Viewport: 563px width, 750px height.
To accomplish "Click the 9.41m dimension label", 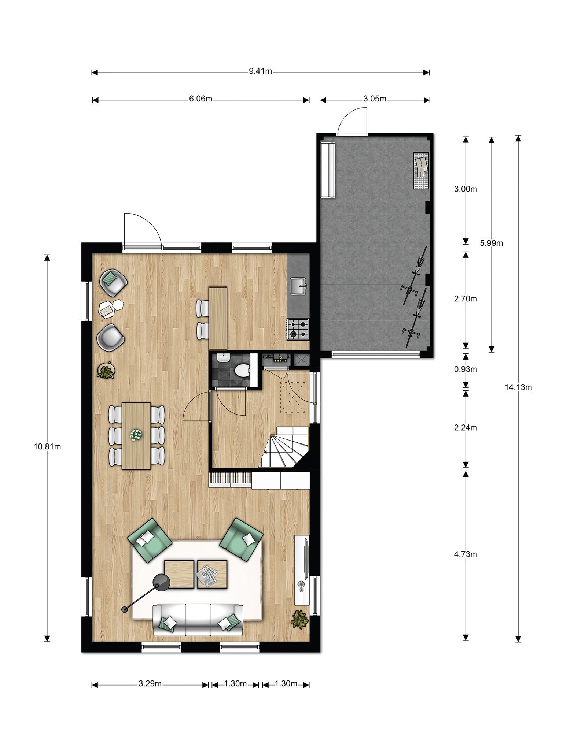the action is pyautogui.click(x=260, y=71).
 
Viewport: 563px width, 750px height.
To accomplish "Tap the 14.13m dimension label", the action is pyautogui.click(x=518, y=387).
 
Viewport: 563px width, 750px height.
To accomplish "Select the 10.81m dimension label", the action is pyautogui.click(x=47, y=446).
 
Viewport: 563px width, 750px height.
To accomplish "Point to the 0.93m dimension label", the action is pyautogui.click(x=466, y=369).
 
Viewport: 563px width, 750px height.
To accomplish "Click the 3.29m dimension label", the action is pyautogui.click(x=150, y=683).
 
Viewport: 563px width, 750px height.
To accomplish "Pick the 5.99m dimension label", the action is pyautogui.click(x=492, y=243).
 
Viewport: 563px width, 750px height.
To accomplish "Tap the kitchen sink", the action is pyautogui.click(x=299, y=286).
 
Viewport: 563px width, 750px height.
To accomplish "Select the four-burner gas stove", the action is pyautogui.click(x=298, y=329).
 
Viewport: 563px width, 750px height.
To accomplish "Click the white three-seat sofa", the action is pyautogui.click(x=198, y=620).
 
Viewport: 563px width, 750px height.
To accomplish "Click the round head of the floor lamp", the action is pyautogui.click(x=161, y=582).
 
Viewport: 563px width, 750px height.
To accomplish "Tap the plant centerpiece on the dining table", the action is pyautogui.click(x=136, y=435).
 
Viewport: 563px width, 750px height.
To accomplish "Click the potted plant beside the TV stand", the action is pyautogui.click(x=299, y=619).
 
